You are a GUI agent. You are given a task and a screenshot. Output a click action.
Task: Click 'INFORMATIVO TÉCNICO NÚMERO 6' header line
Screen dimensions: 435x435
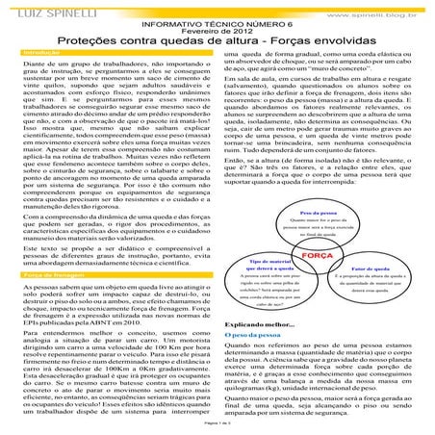(217, 18)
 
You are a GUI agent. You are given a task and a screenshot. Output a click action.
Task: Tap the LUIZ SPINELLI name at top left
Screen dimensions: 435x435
(43, 8)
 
